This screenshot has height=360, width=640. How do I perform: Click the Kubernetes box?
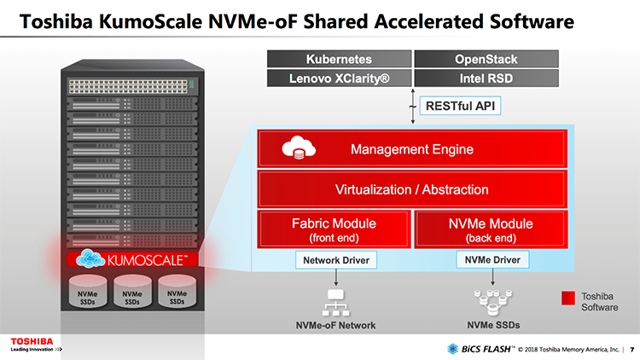339,60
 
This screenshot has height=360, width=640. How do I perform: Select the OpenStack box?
486,60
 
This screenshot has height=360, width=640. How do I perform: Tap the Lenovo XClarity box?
339,78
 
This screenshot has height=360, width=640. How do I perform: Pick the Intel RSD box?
486,78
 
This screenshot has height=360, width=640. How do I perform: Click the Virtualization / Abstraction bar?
411,189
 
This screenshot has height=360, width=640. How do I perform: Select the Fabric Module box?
334,229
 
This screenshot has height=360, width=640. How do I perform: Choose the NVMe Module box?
490,229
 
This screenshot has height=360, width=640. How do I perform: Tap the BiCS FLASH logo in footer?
479,348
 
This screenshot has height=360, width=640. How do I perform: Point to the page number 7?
631,348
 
